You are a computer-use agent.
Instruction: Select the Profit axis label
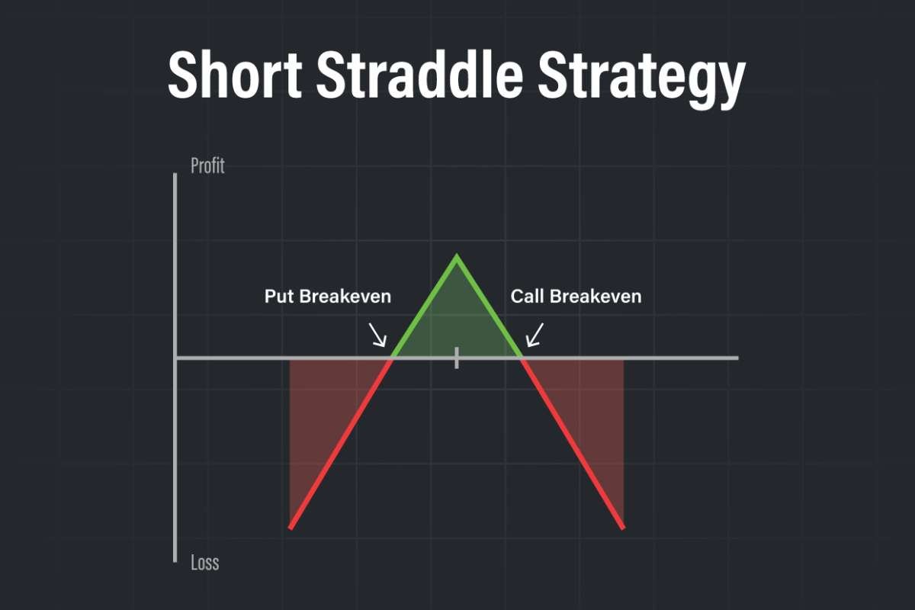(x=207, y=165)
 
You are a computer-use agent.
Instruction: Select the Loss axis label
(x=204, y=563)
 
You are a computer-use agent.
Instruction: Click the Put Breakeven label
(x=327, y=296)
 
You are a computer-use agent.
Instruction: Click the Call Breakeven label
(x=576, y=296)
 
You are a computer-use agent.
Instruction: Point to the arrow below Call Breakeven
(x=535, y=335)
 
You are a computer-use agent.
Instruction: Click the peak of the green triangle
(x=457, y=256)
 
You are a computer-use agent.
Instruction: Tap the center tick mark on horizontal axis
(x=457, y=358)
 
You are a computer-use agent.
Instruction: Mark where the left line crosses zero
(x=393, y=358)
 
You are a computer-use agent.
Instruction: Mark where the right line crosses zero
(x=522, y=358)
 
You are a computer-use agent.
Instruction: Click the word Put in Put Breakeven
(x=279, y=296)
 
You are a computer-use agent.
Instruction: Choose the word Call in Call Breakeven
(x=527, y=296)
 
